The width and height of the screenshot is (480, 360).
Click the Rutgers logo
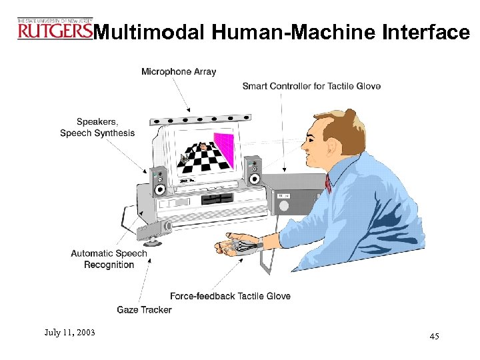tap(55, 29)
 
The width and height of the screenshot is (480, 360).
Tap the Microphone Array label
tap(179, 72)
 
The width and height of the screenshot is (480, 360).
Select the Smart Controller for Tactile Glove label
tap(311, 87)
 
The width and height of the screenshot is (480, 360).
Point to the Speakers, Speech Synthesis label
tap(97, 127)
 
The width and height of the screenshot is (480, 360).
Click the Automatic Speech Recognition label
tap(109, 259)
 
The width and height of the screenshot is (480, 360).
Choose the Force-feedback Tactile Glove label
tap(230, 296)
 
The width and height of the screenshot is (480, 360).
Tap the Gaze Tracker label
tap(144, 309)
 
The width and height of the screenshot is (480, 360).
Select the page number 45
tap(434, 337)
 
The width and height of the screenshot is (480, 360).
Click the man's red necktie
tap(328, 182)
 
